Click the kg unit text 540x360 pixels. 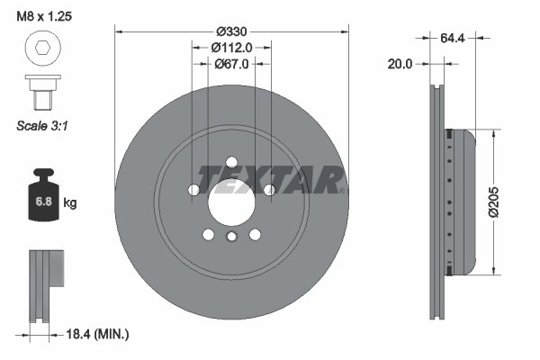click(x=70, y=203)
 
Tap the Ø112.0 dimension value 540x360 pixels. click(x=230, y=47)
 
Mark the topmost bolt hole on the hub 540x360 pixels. click(x=231, y=163)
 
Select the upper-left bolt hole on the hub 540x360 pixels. click(x=193, y=190)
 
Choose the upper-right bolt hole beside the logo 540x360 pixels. click(x=269, y=190)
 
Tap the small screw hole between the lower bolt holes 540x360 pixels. click(x=231, y=237)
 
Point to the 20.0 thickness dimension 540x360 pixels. click(x=400, y=65)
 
